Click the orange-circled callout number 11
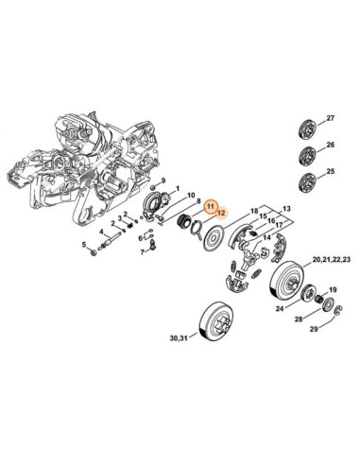coord(210,207)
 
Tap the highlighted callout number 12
coord(221,213)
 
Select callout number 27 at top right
coord(330,118)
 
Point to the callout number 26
coord(330,146)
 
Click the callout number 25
coord(330,172)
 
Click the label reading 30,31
coord(179,338)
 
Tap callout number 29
coord(314,329)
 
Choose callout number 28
coord(299,319)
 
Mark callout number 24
coord(280,309)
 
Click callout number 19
coord(333,289)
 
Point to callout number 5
coord(84,244)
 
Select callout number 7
coord(143,252)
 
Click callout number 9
coord(163,181)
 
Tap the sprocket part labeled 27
coord(307,129)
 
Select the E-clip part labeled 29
coord(339,310)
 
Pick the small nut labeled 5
coord(94,252)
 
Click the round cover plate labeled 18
coord(214,237)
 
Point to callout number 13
coord(286,209)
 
